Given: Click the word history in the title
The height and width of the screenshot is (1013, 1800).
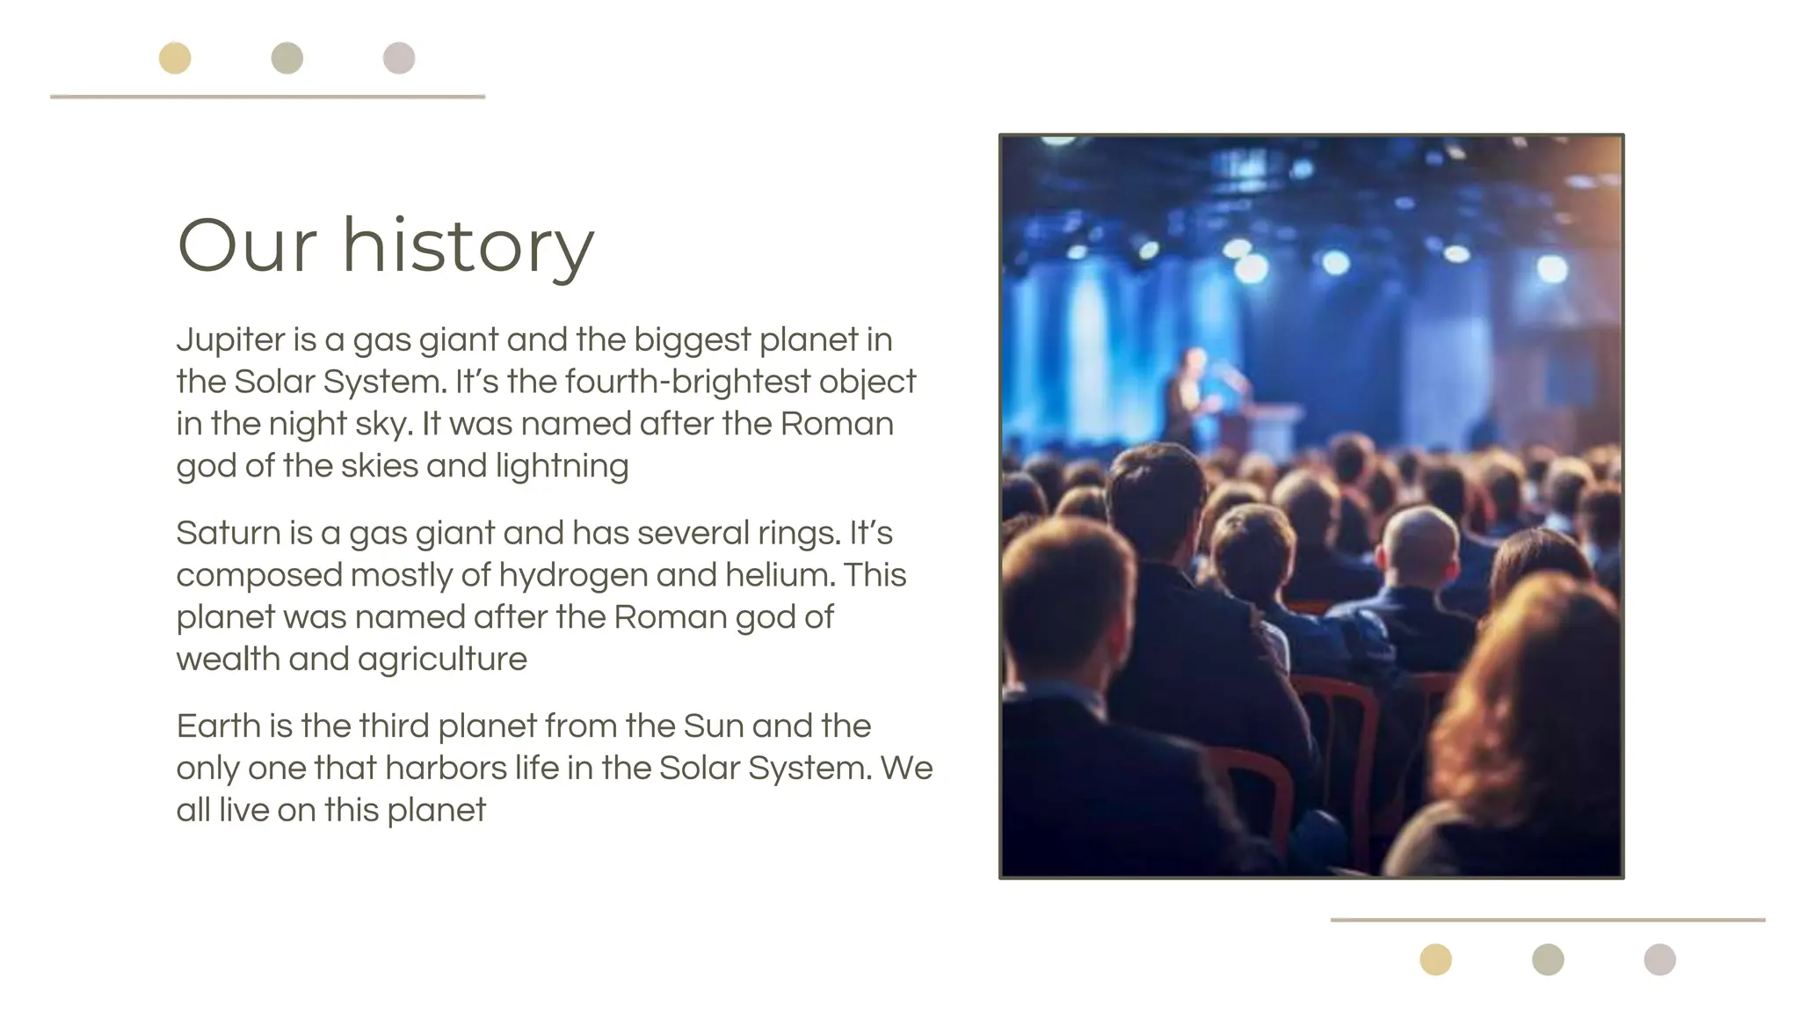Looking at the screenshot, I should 468,245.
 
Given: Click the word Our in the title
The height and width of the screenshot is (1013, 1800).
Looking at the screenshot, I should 246,245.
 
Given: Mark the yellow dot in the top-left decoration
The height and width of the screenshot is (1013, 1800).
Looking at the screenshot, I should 175,59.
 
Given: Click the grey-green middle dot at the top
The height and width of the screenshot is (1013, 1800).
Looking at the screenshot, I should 287,59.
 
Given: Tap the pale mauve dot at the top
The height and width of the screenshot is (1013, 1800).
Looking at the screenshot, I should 399,59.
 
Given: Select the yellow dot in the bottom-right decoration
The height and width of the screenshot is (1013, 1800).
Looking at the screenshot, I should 1436,959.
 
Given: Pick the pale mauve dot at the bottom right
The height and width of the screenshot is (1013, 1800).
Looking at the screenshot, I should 1660,959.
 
